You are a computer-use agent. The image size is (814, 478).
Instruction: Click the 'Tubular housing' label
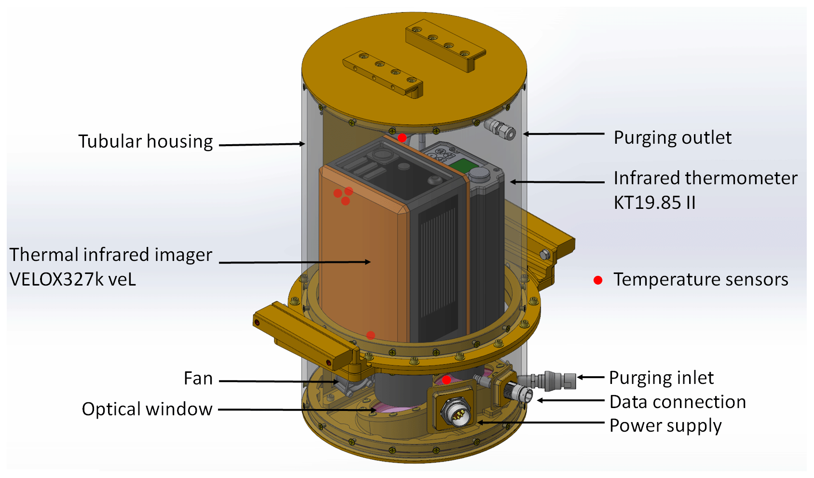pos(145,141)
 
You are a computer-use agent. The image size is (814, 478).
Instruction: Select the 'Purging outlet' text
pos(672,137)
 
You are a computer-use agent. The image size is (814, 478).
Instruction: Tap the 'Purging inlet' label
pos(661,378)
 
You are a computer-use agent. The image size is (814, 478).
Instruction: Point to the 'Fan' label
pos(198,378)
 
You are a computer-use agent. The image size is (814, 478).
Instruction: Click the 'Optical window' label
pos(147,409)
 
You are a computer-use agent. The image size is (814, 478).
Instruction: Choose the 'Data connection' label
pos(678,402)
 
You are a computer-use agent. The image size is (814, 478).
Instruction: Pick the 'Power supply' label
pos(665,425)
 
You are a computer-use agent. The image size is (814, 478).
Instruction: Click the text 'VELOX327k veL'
pos(73,279)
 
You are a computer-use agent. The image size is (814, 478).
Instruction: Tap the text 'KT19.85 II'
pos(654,203)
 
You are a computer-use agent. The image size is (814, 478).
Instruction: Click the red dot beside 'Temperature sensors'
pos(598,280)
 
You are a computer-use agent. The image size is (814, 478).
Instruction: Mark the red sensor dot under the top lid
pos(402,138)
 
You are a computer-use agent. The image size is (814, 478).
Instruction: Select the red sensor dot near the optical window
pos(447,380)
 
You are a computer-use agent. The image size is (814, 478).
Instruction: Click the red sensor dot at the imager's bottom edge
pos(370,335)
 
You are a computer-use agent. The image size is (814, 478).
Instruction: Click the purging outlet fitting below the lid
pos(500,129)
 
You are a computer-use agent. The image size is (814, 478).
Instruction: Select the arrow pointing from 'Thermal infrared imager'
pos(295,262)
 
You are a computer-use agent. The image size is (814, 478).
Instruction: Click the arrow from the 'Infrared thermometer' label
pos(557,182)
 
